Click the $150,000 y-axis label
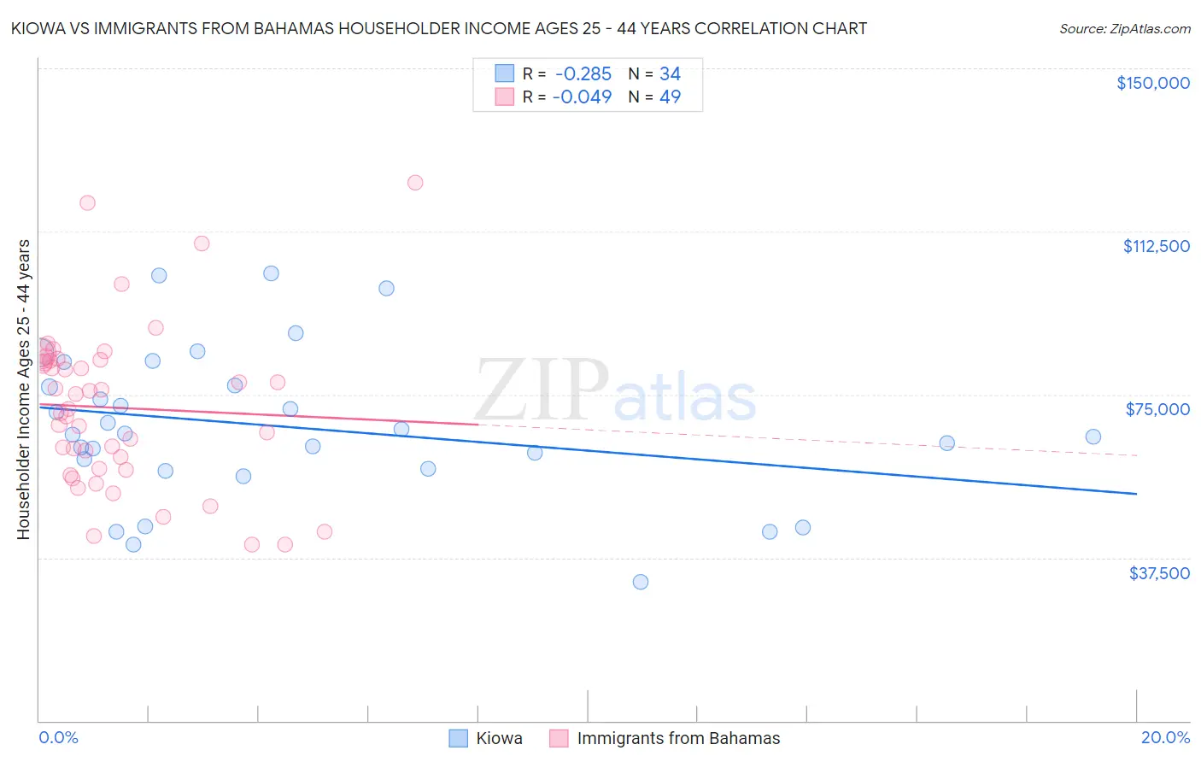pos(1152,83)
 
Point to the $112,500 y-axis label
pos(1156,246)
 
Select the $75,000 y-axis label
pos(1157,409)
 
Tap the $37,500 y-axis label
pos(1158,573)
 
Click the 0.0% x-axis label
pos(58,737)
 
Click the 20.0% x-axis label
pos(1165,737)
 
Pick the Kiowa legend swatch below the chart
pos(459,738)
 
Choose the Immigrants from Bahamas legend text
pos(678,738)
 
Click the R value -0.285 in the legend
pos(583,73)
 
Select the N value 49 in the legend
pos(670,97)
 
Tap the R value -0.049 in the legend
pos(583,97)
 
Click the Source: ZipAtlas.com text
pos(1124,28)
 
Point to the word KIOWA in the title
pos(37,28)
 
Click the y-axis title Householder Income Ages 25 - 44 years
pos(23,389)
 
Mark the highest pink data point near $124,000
pos(415,182)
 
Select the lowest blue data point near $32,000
pos(640,582)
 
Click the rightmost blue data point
pos(1093,437)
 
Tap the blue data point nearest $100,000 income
pos(386,288)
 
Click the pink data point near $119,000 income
pos(87,202)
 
